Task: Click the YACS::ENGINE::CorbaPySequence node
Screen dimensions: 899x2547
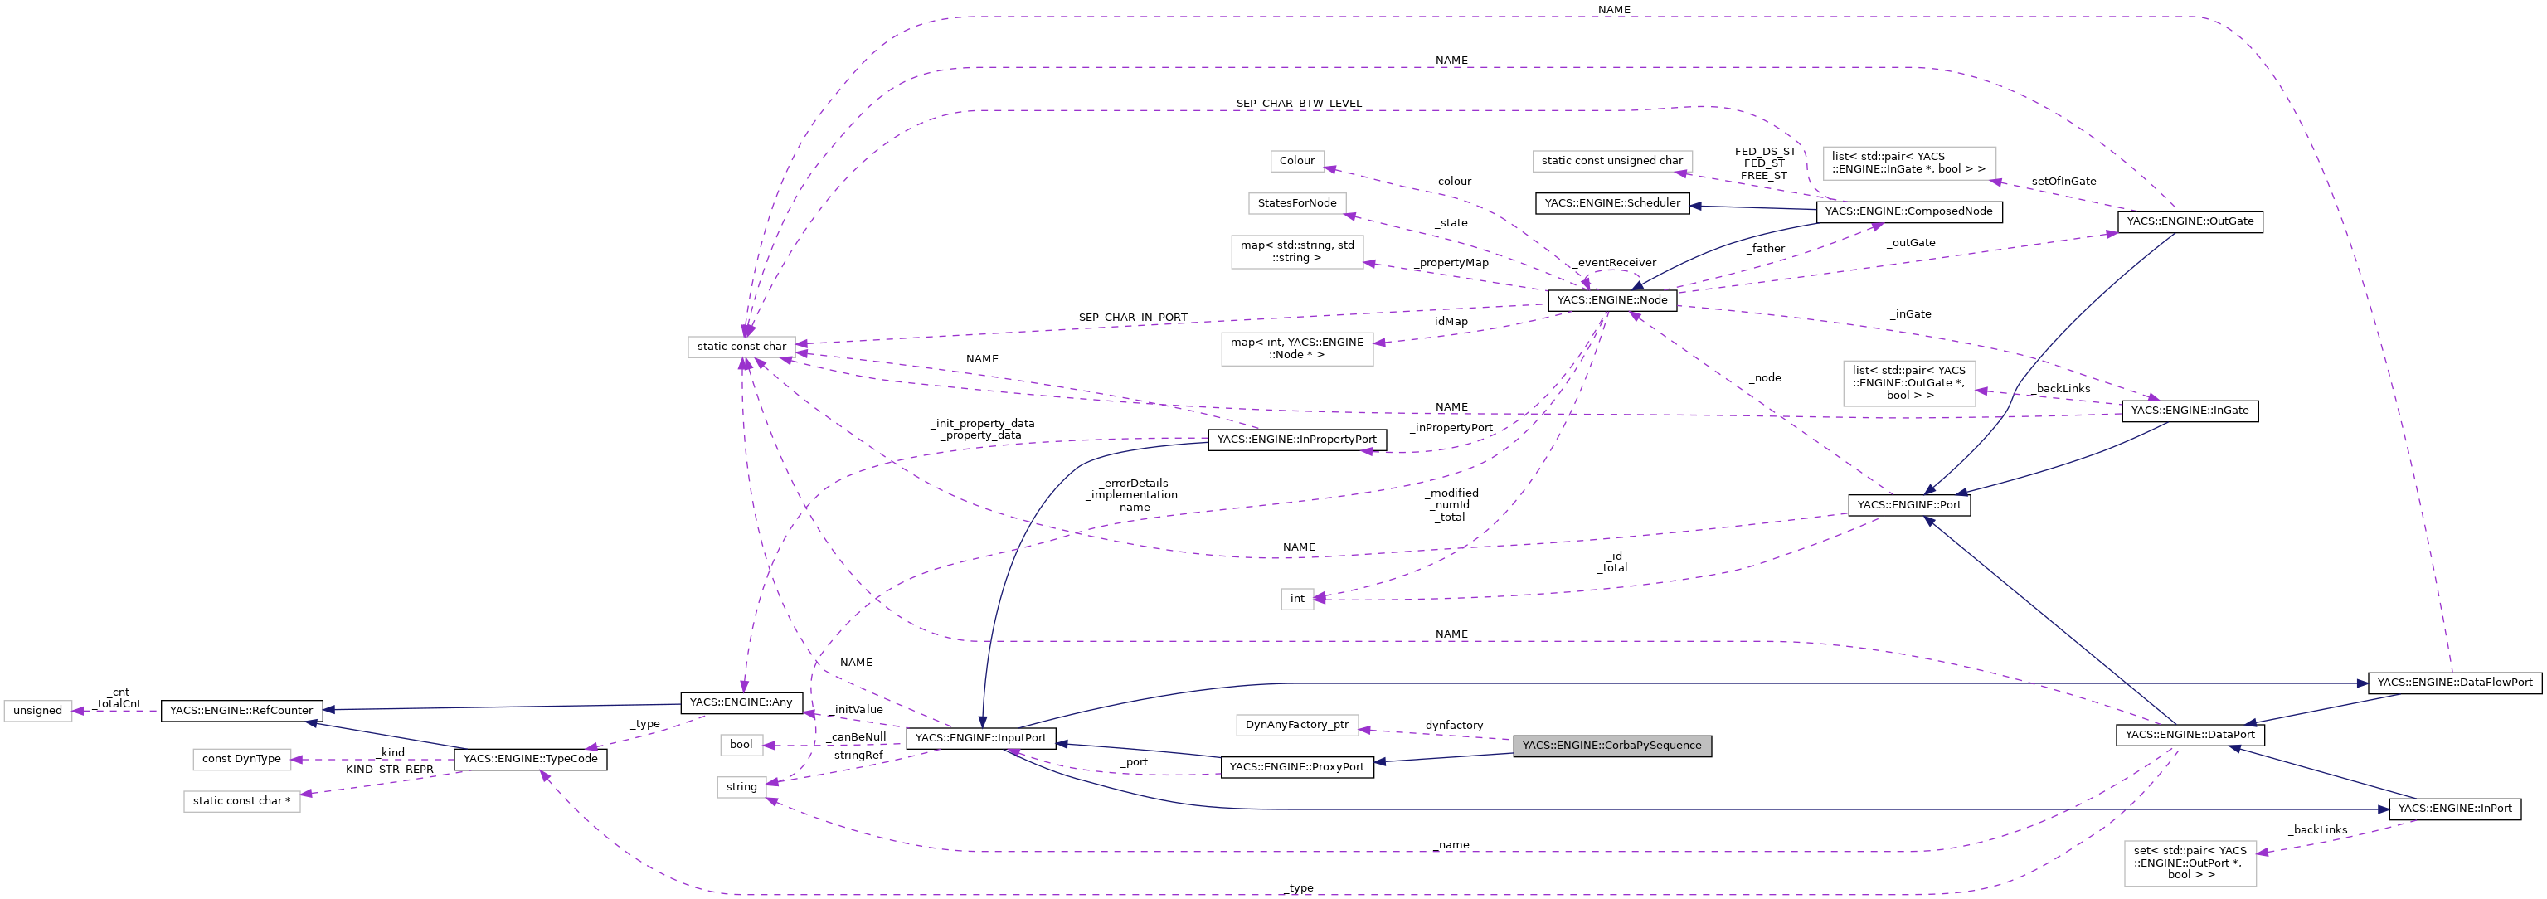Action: (x=1611, y=746)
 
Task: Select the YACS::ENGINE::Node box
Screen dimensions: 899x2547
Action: (x=1611, y=299)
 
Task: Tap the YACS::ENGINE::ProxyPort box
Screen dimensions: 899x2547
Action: (x=1296, y=766)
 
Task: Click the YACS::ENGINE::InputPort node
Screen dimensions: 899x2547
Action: (x=981, y=738)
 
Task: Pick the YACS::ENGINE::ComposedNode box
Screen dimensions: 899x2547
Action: (x=1908, y=211)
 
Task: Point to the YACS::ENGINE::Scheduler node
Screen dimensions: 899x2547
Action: (x=1611, y=202)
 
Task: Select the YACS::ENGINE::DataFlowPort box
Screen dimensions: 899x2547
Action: (x=2454, y=683)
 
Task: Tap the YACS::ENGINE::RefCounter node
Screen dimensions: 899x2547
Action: (x=241, y=710)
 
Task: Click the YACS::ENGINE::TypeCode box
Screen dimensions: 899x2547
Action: (x=530, y=759)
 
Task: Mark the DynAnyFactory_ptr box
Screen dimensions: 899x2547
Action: (x=1296, y=725)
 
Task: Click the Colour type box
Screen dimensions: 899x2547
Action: (x=1296, y=160)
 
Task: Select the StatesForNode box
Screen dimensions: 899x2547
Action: (x=1296, y=202)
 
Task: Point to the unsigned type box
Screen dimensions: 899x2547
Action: (x=37, y=710)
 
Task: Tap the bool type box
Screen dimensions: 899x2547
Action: (x=741, y=745)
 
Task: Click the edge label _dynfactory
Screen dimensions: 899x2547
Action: (x=1452, y=725)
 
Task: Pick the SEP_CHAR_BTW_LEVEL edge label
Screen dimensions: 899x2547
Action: (x=1298, y=103)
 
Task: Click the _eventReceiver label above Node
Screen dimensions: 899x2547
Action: (x=1616, y=263)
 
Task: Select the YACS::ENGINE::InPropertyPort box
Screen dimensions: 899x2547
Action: (x=1296, y=439)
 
